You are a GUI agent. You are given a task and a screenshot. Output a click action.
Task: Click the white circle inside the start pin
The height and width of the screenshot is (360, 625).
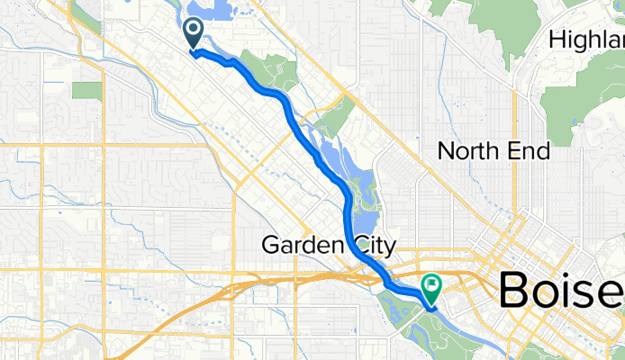[x=193, y=29]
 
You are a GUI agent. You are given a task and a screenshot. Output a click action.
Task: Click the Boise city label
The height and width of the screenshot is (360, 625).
[x=560, y=291]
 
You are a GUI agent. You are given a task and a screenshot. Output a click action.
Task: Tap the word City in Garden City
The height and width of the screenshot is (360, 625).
[x=370, y=244]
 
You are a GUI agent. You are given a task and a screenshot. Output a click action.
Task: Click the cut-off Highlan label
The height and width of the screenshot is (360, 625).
[x=586, y=40]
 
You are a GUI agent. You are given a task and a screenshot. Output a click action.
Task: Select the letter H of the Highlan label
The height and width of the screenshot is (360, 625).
[x=556, y=40]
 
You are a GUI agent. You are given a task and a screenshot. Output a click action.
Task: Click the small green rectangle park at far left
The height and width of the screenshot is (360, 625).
[x=87, y=90]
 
